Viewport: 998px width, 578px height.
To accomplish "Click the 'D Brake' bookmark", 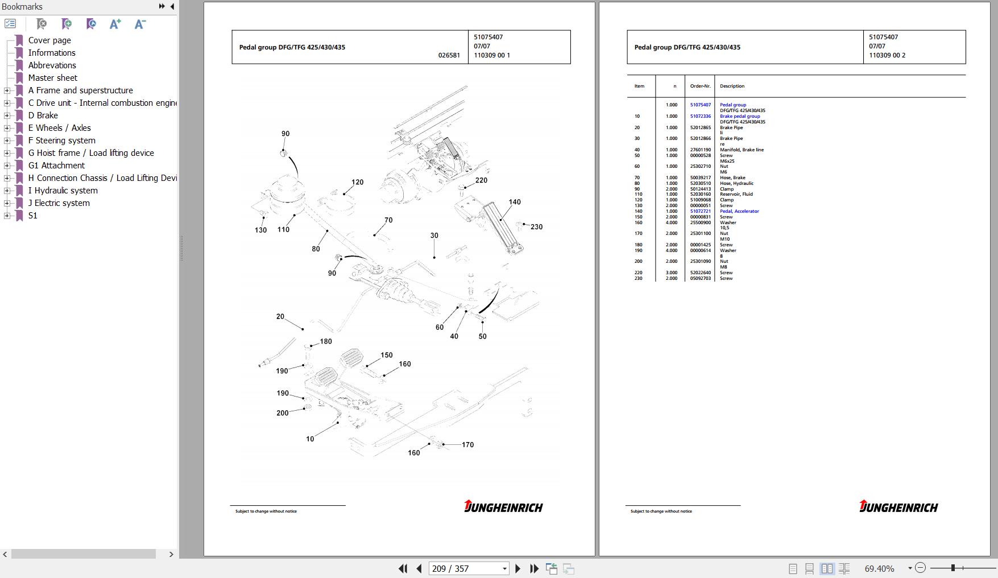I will point(43,115).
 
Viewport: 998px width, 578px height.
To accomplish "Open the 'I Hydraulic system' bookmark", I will point(63,191).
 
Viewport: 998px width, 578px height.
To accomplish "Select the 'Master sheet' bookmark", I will point(52,78).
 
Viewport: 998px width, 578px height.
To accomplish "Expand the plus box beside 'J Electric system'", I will point(7,203).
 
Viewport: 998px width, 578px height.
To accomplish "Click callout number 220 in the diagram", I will point(481,180).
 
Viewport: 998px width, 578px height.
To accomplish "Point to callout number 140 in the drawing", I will point(514,202).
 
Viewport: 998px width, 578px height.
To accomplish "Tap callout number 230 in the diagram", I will point(536,227).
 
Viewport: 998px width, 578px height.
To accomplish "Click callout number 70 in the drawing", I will point(388,220).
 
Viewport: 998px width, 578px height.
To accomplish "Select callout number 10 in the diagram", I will point(310,439).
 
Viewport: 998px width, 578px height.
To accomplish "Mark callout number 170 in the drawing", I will point(467,445).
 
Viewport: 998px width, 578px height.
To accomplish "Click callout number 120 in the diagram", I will point(357,183).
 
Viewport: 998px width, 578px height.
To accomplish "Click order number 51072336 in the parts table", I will point(700,116).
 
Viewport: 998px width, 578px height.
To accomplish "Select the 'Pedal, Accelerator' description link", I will point(739,211).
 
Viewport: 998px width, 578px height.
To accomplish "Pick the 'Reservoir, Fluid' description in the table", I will point(736,194).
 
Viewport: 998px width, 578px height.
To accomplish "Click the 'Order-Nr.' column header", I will point(700,86).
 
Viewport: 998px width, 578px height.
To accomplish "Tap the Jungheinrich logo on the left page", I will point(503,506).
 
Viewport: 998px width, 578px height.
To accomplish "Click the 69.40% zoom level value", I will point(879,568).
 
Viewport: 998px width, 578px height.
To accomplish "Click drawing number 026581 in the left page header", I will point(449,55).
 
